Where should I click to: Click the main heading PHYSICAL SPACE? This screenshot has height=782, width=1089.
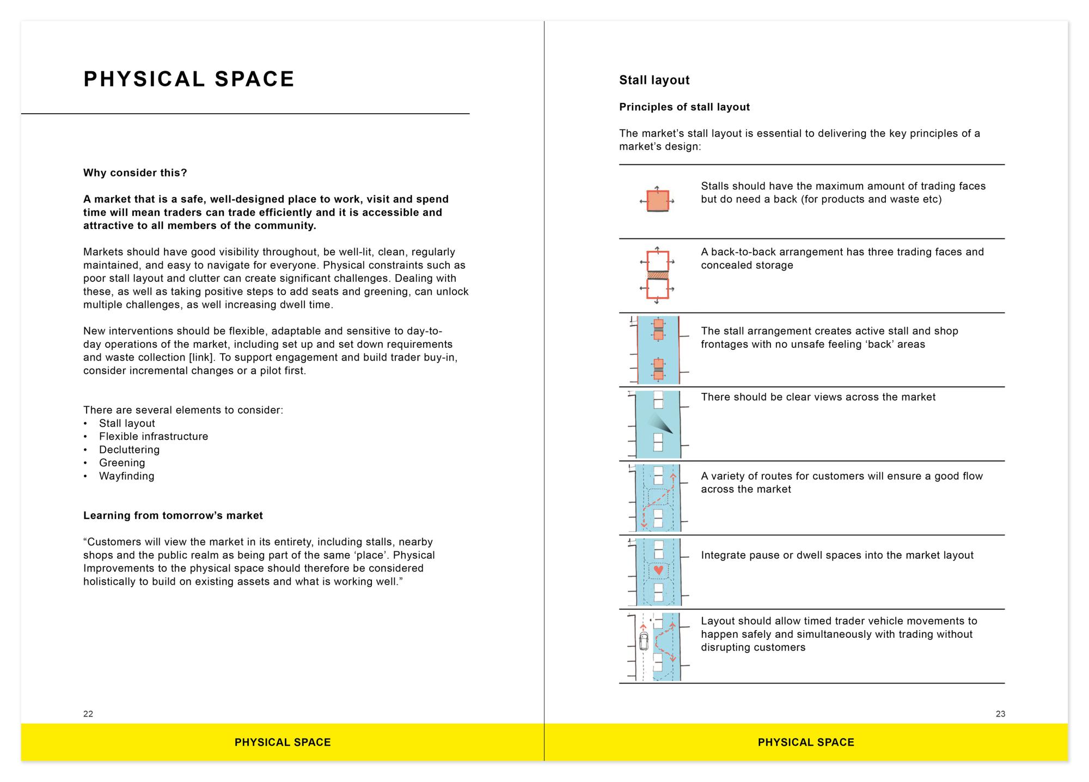189,79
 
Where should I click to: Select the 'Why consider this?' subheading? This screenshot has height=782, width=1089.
135,173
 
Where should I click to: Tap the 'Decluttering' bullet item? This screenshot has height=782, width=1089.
129,450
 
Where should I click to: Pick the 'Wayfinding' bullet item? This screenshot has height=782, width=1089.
126,476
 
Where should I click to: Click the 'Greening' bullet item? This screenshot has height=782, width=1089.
122,463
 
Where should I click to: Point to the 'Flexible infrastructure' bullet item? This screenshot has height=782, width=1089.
154,436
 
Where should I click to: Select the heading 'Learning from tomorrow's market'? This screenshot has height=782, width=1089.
173,516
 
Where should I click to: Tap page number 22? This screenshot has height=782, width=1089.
88,714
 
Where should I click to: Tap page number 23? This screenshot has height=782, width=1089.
1000,714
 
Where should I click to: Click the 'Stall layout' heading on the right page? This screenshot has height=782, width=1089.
654,81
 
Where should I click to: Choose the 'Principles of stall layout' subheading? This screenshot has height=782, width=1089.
684,107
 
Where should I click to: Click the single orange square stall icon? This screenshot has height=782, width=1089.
657,201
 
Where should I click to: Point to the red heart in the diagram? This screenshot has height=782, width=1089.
658,570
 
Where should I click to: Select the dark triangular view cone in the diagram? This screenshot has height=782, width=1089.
660,423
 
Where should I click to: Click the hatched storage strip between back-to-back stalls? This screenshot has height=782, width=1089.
657,276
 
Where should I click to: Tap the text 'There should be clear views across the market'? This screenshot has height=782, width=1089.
818,397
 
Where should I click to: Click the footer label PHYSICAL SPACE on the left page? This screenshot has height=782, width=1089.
283,742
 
